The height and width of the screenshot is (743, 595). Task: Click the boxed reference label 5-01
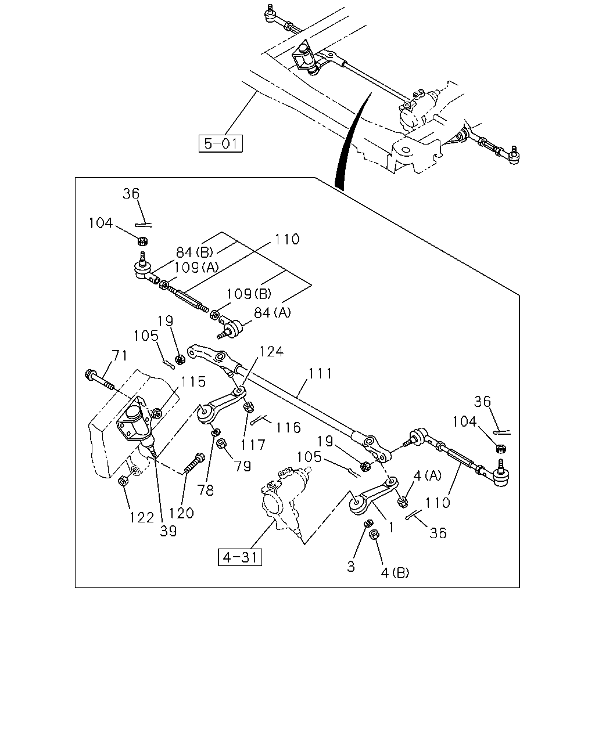pos(220,143)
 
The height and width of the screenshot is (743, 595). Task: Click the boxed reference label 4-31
pos(239,557)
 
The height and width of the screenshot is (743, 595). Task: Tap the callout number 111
pos(320,374)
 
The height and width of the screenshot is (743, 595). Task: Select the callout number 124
pos(271,352)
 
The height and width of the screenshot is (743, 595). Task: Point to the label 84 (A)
pos(273,313)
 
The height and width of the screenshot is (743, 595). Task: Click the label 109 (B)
pos(249,294)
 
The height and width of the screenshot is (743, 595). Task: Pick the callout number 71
pos(119,355)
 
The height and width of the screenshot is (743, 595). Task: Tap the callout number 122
pos(141,518)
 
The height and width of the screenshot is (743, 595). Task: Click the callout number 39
pos(169,531)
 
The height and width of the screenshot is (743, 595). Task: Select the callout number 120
pos(181,513)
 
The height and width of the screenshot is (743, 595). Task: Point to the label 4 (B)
pos(395,573)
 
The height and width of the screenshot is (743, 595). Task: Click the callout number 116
pos(288,428)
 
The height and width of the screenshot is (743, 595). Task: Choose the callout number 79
pos(243,466)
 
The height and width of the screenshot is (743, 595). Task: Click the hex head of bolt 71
pos(89,374)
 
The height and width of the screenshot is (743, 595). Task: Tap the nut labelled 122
pos(123,481)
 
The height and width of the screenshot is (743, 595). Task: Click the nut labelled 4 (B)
pos(374,534)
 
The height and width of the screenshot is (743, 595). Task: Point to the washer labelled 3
pos(368,523)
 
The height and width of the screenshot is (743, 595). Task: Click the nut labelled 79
pos(221,443)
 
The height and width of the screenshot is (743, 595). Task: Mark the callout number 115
pos(193,381)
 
